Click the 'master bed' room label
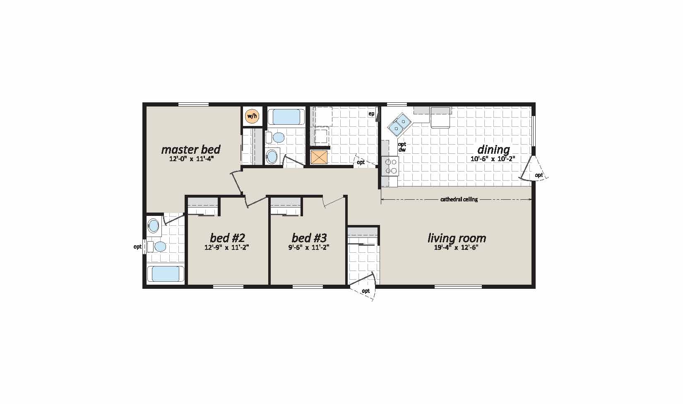pyautogui.click(x=190, y=149)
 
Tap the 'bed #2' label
pyautogui.click(x=227, y=238)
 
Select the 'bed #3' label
pyautogui.click(x=309, y=238)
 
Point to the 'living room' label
pyautogui.click(x=457, y=238)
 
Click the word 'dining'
pyautogui.click(x=493, y=149)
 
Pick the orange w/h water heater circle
pyautogui.click(x=252, y=116)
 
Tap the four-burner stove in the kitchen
pyautogui.click(x=389, y=166)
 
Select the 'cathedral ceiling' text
pyautogui.click(x=459, y=199)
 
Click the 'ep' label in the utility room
pyautogui.click(x=371, y=114)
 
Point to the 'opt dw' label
pyautogui.click(x=402, y=147)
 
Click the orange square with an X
pyautogui.click(x=319, y=157)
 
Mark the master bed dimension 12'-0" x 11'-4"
pyautogui.click(x=191, y=158)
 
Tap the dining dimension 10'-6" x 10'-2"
pyautogui.click(x=493, y=158)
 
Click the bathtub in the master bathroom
pyautogui.click(x=166, y=274)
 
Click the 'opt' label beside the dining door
pyautogui.click(x=539, y=175)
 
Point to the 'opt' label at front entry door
pyautogui.click(x=366, y=291)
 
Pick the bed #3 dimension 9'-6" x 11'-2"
pyautogui.click(x=309, y=248)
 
